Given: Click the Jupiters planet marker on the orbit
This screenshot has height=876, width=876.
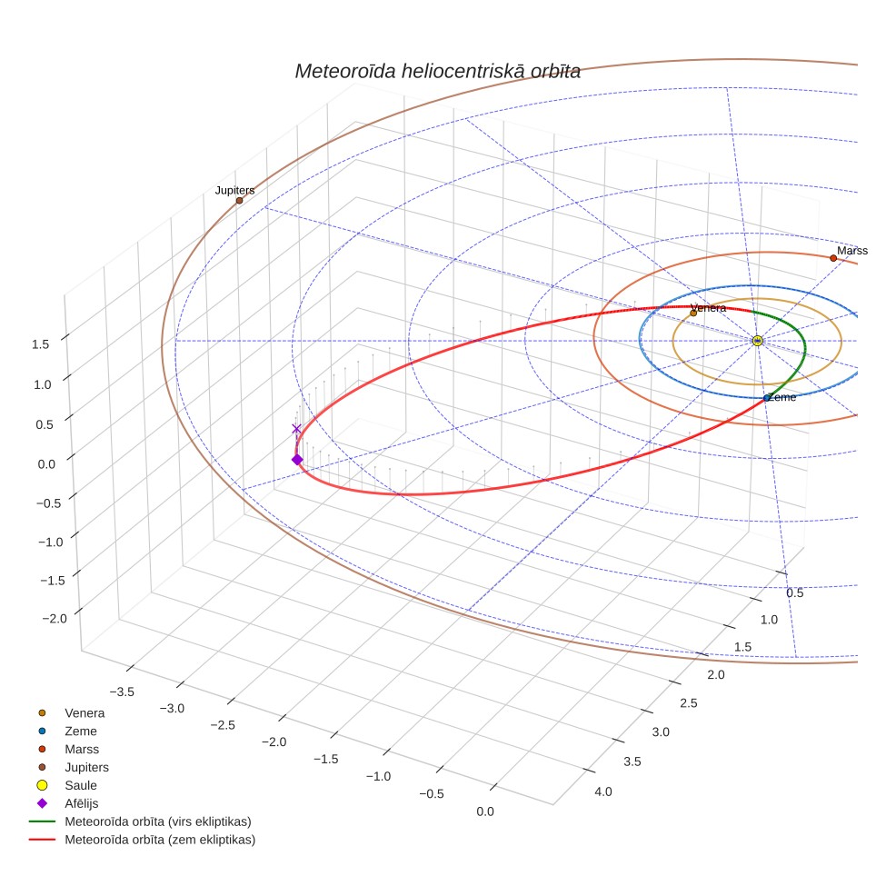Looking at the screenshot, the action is tap(239, 201).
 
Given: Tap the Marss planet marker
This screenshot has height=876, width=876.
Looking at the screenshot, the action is tap(833, 258).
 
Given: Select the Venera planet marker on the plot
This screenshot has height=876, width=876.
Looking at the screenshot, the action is tap(693, 314).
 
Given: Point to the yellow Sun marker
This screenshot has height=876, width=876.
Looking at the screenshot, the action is tap(758, 341).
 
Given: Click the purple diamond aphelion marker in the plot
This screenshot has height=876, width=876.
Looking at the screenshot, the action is tap(297, 460).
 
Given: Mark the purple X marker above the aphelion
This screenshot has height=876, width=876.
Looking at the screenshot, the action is tap(296, 429).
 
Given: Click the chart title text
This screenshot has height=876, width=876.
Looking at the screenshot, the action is tap(437, 72).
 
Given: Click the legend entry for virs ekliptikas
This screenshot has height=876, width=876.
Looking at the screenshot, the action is tap(140, 821).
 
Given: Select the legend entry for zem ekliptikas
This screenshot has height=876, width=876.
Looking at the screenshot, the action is tap(143, 840).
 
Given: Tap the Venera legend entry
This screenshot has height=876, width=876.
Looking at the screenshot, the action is tap(71, 712).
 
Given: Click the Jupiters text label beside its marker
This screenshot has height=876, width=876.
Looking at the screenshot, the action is tap(234, 191).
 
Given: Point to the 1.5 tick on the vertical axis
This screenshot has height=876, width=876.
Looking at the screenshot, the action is tap(40, 344).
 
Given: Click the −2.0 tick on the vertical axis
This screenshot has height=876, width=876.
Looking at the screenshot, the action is tap(55, 619).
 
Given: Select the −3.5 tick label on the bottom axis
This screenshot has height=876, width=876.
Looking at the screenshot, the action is tap(122, 692).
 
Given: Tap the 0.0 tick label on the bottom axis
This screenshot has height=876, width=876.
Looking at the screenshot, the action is tap(485, 811).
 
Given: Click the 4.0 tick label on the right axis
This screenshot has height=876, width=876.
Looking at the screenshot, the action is tap(603, 791).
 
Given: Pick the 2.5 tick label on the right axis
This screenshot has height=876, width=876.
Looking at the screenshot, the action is tap(688, 703).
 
